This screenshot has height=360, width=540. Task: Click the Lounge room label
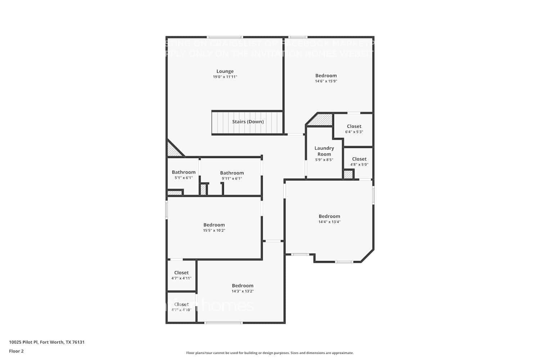[x=225, y=71]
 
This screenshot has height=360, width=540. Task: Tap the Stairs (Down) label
[x=248, y=122]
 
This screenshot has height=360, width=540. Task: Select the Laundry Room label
[x=324, y=151]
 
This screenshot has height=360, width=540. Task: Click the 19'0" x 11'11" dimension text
[x=225, y=77]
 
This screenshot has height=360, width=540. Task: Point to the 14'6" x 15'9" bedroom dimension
[x=326, y=81]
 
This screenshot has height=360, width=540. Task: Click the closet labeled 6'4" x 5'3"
[x=354, y=126]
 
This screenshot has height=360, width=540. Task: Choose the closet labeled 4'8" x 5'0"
[x=359, y=159]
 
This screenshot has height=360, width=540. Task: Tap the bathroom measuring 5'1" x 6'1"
[x=184, y=172]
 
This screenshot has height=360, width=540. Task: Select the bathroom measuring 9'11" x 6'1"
[x=232, y=173]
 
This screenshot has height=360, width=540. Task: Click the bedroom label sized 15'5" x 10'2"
[x=214, y=225]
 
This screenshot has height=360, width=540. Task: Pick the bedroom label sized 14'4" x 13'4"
[x=329, y=216]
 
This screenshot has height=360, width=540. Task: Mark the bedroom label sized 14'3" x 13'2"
[x=242, y=286]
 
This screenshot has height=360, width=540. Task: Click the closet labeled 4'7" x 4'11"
[x=181, y=273]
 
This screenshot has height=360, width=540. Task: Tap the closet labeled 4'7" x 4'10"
[x=181, y=305]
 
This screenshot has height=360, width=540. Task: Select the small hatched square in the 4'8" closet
[x=348, y=175]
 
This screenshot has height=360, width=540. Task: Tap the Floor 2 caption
[x=16, y=351]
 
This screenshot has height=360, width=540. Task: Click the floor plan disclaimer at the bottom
[x=270, y=353]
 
